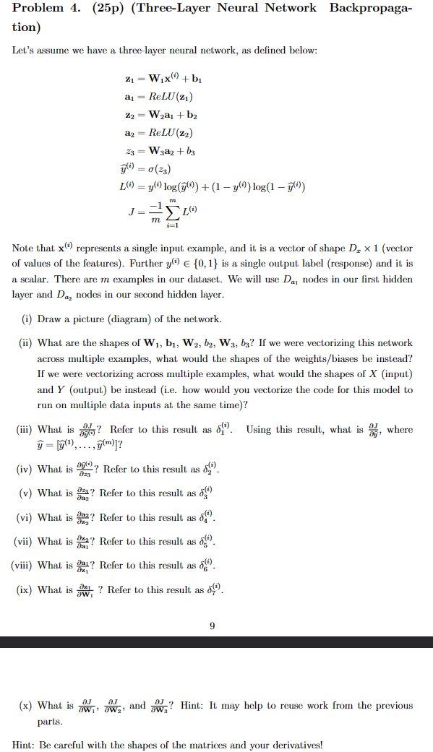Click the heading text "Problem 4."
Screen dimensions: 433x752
point(45,8)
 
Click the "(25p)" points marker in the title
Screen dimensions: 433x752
point(109,8)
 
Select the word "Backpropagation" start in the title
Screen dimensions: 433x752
point(372,8)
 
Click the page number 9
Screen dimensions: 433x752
point(212,626)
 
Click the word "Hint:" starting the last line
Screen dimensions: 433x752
point(25,745)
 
